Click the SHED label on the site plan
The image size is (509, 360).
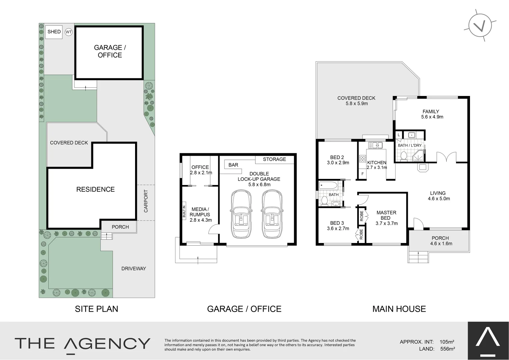point(54,32)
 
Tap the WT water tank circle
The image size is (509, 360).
point(69,32)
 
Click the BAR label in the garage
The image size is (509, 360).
point(233,165)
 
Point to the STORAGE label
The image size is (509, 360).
point(274,159)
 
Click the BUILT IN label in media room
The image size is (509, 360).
point(184,211)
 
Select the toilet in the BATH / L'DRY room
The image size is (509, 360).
point(403,156)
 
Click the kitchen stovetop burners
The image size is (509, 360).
point(362,159)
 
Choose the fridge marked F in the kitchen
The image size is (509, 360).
point(362,174)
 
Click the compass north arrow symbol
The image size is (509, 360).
point(480,26)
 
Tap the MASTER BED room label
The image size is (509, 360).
point(386,215)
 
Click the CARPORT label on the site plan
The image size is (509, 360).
point(146,201)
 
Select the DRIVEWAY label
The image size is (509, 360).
point(133,268)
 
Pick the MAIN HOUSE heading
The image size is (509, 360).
point(399,309)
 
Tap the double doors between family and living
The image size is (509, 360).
point(446,157)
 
